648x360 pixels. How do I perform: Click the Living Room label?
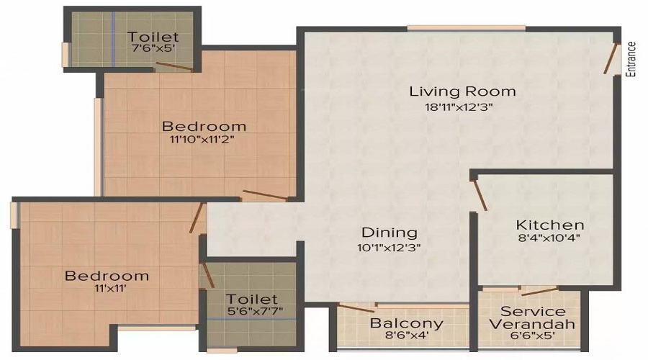click(x=462, y=91)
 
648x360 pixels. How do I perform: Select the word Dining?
click(x=390, y=233)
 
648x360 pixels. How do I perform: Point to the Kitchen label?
click(x=549, y=224)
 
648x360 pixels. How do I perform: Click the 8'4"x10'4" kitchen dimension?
click(x=549, y=238)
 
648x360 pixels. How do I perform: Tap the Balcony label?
click(x=406, y=323)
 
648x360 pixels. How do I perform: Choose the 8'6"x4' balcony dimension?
click(x=406, y=336)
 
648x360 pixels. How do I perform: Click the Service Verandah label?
click(x=533, y=318)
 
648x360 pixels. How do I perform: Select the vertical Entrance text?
click(x=631, y=59)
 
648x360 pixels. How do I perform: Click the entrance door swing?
click(x=613, y=60)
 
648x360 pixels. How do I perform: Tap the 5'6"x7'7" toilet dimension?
click(x=251, y=312)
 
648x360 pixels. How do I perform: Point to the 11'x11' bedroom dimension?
click(x=107, y=289)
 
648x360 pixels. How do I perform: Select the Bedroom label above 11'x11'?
click(x=107, y=276)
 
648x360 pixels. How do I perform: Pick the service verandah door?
click(x=540, y=292)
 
